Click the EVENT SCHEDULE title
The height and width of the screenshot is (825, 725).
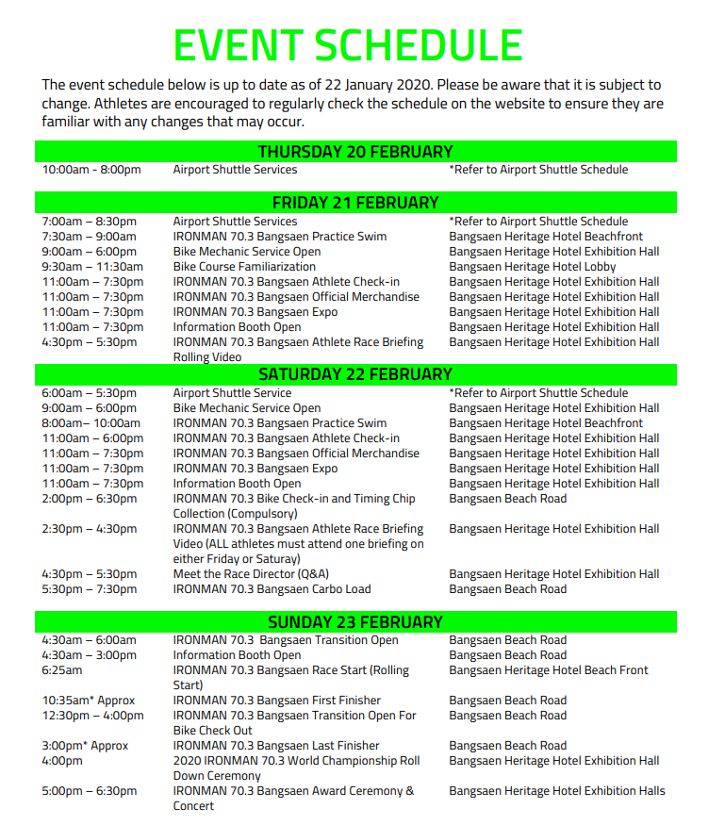pyautogui.click(x=348, y=45)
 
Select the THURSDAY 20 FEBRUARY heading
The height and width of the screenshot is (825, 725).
pyautogui.click(x=355, y=152)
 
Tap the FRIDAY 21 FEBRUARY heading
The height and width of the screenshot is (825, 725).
pyautogui.click(x=355, y=203)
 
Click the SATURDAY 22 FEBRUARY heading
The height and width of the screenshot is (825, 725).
pyautogui.click(x=355, y=374)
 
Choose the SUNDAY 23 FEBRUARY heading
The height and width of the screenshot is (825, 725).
pyautogui.click(x=355, y=622)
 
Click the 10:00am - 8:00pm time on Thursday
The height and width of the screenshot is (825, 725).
pyautogui.click(x=91, y=170)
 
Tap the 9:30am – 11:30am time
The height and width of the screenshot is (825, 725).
pyautogui.click(x=92, y=267)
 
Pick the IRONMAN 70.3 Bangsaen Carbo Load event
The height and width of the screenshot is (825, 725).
pyautogui.click(x=272, y=589)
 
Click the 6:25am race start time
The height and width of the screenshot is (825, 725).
pyautogui.click(x=61, y=670)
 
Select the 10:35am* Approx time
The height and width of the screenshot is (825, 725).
pyautogui.click(x=88, y=701)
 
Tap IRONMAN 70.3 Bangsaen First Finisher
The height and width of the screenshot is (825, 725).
pyautogui.click(x=276, y=701)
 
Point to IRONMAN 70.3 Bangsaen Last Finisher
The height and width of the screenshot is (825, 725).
pyautogui.click(x=276, y=746)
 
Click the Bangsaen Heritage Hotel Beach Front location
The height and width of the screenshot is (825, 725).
pyautogui.click(x=549, y=670)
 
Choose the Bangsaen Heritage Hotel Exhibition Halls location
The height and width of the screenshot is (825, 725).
pyautogui.click(x=557, y=791)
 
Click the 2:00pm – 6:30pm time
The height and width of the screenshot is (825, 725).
pyautogui.click(x=89, y=499)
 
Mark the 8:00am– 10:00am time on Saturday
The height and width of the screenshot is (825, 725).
pyautogui.click(x=91, y=423)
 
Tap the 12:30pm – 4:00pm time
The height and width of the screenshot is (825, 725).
pyautogui.click(x=92, y=716)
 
